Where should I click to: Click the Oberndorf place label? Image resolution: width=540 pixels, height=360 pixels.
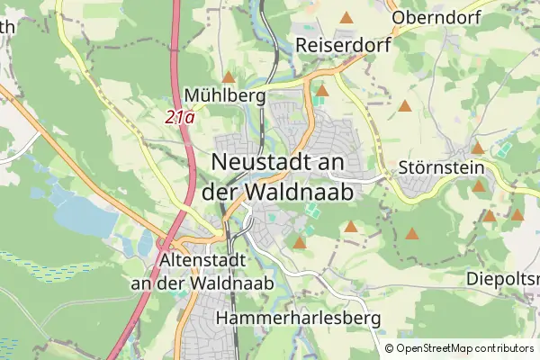tap(436, 17)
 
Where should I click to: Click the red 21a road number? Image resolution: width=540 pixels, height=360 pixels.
tap(180, 116)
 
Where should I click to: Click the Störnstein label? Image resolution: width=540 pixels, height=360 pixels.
tap(440, 168)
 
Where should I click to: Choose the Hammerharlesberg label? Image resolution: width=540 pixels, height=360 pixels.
tap(300, 319)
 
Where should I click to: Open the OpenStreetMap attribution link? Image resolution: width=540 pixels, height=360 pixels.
tap(436, 348)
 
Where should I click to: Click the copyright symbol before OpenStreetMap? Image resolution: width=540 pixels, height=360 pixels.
tap(390, 348)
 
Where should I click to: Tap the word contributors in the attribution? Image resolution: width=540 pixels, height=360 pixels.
tap(505, 348)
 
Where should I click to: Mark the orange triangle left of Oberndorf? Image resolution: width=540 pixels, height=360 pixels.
tap(346, 17)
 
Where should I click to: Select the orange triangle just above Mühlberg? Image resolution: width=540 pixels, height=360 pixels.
tap(229, 77)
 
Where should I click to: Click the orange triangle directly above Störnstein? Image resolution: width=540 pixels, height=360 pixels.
tap(478, 148)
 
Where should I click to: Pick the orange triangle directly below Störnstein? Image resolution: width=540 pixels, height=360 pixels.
tap(479, 187)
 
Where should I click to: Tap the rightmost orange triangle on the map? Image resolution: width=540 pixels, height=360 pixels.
tap(517, 215)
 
